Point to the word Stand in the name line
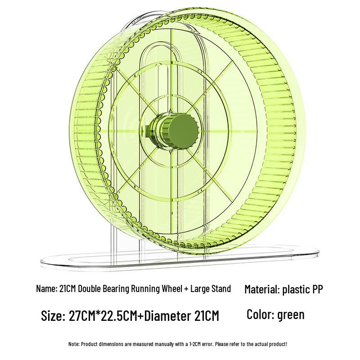(x=220, y=289)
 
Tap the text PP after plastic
(x=315, y=289)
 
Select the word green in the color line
(x=291, y=314)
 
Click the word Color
(x=260, y=314)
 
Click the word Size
(x=52, y=315)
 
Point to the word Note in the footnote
(x=73, y=344)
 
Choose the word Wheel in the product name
(x=170, y=289)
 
